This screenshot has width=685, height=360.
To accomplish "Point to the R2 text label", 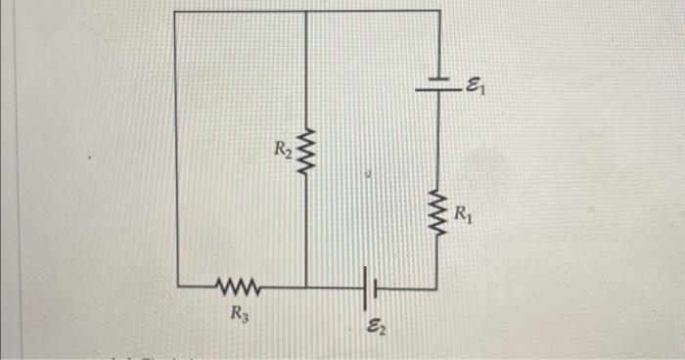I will (x=282, y=150).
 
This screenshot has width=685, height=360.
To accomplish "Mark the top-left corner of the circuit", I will (x=175, y=12).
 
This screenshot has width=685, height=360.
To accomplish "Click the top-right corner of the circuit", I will (x=437, y=11).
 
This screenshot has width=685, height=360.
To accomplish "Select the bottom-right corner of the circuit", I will (x=436, y=289).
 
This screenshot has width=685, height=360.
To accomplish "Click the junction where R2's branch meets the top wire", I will (x=307, y=12).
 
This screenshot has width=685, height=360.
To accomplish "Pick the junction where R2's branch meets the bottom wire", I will (x=307, y=288).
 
